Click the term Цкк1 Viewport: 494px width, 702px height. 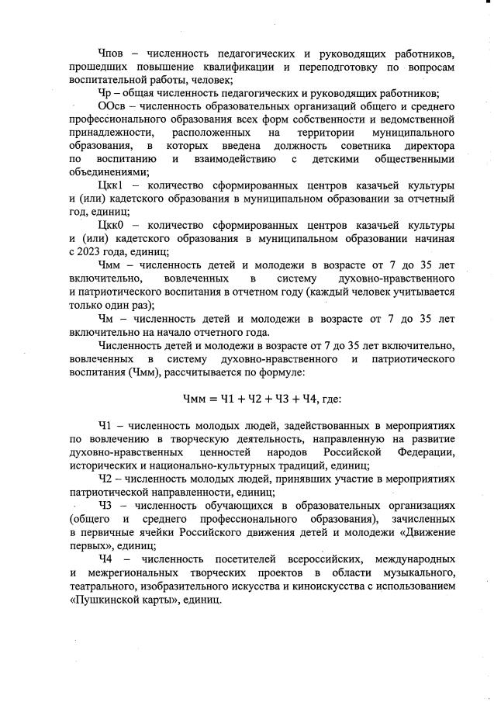pos(113,186)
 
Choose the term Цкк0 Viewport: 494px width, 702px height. pos(113,226)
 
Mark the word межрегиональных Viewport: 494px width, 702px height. pos(127,572)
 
